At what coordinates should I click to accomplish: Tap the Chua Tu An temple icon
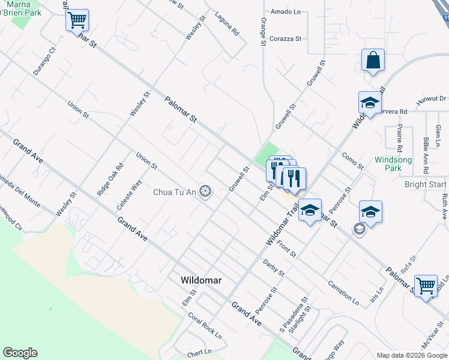[205, 192]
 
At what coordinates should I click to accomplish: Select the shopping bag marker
[373, 61]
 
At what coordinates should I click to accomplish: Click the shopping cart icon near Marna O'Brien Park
[77, 20]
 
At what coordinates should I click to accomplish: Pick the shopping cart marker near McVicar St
[426, 285]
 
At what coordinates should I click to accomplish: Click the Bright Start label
[425, 184]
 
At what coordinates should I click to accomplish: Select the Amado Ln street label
[286, 12]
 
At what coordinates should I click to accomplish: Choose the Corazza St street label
[286, 38]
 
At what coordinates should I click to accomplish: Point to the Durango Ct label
[44, 61]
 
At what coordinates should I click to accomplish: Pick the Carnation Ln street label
[343, 292]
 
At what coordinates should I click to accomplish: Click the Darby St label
[274, 268]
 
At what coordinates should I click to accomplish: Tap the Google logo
[20, 353]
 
